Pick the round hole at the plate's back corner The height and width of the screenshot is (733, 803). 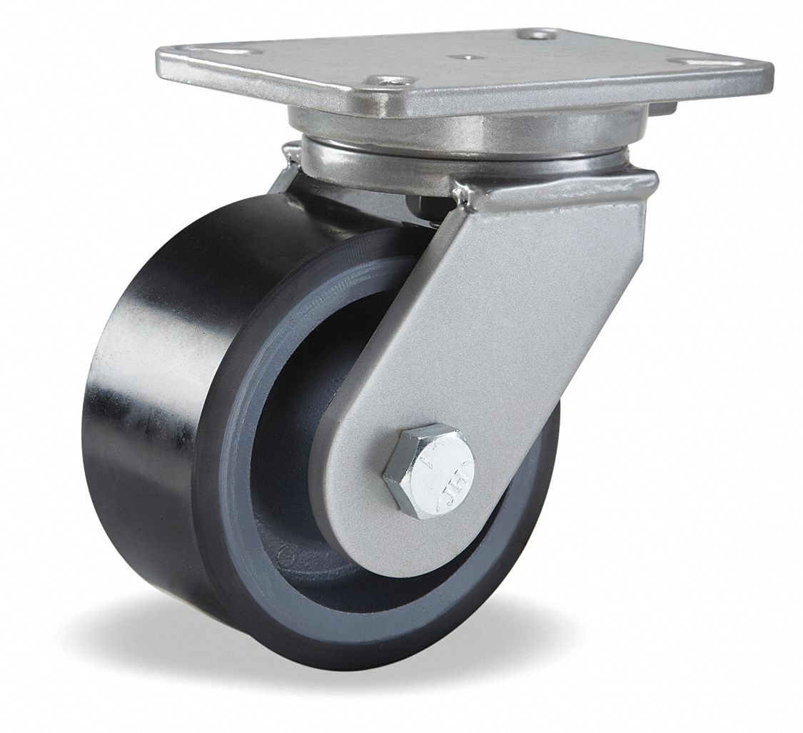[539, 34]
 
